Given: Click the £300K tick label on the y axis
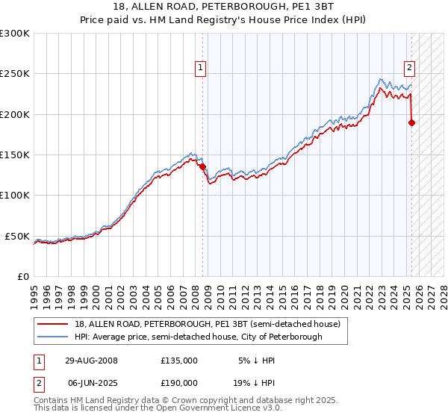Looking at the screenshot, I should pyautogui.click(x=15, y=34).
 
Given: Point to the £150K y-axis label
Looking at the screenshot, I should pyautogui.click(x=15, y=155).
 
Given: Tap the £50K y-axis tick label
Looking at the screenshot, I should pyautogui.click(x=17, y=236).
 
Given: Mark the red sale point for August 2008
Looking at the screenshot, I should pyautogui.click(x=202, y=166).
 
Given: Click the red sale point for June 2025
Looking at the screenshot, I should pyautogui.click(x=411, y=122).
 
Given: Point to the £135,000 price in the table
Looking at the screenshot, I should pyautogui.click(x=179, y=361).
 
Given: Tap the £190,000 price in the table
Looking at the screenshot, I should pyautogui.click(x=179, y=382).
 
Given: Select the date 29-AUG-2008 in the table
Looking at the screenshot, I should pyautogui.click(x=90, y=361).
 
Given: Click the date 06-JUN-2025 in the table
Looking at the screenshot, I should pyautogui.click(x=90, y=382).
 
